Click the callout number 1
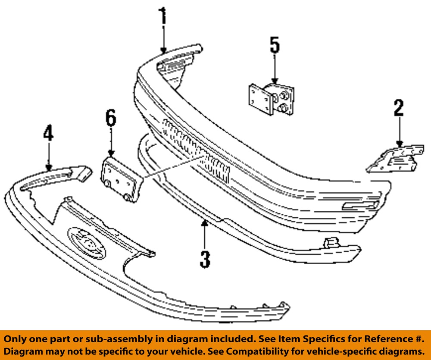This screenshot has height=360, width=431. tap(163, 16)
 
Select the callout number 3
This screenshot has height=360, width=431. tap(205, 259)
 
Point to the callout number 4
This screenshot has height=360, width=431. tap(48, 133)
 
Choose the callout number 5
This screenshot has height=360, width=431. tap(275, 45)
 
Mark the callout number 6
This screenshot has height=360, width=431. tap(111, 118)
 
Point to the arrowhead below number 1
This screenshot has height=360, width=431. tap(163, 50)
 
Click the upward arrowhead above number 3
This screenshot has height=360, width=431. tap(204, 223)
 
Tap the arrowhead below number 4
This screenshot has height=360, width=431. tap(49, 167)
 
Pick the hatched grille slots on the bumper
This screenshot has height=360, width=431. tap(196, 151)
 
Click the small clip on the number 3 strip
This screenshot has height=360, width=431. tap(331, 242)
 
